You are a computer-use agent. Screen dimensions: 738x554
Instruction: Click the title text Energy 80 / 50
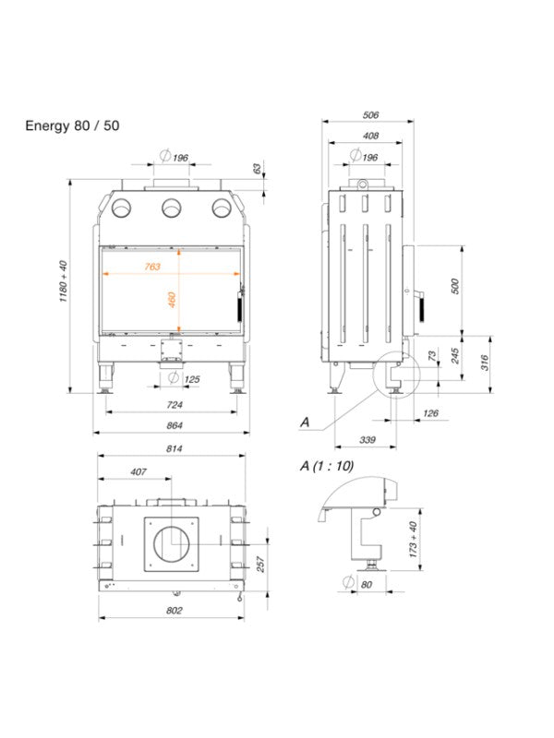[72, 125]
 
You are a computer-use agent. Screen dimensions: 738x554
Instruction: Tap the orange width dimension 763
[151, 267]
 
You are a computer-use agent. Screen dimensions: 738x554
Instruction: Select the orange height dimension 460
[172, 301]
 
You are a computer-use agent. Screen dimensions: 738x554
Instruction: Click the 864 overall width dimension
[173, 425]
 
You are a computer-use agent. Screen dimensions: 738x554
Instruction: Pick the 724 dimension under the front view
[173, 405]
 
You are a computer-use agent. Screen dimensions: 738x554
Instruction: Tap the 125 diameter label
[192, 379]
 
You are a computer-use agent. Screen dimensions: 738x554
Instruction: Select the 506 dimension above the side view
[370, 115]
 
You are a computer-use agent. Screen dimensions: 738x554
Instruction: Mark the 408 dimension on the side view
[370, 137]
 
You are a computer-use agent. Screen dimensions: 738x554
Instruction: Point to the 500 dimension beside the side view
[454, 286]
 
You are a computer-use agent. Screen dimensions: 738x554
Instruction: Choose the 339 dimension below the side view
[367, 440]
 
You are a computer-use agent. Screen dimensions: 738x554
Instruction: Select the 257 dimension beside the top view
[260, 564]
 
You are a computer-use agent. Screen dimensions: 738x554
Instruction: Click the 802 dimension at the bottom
[173, 611]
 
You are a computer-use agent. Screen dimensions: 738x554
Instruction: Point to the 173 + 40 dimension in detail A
[413, 537]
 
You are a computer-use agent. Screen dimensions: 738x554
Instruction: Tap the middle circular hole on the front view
[171, 209]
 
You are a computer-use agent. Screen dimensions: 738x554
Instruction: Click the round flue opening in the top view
[171, 542]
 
